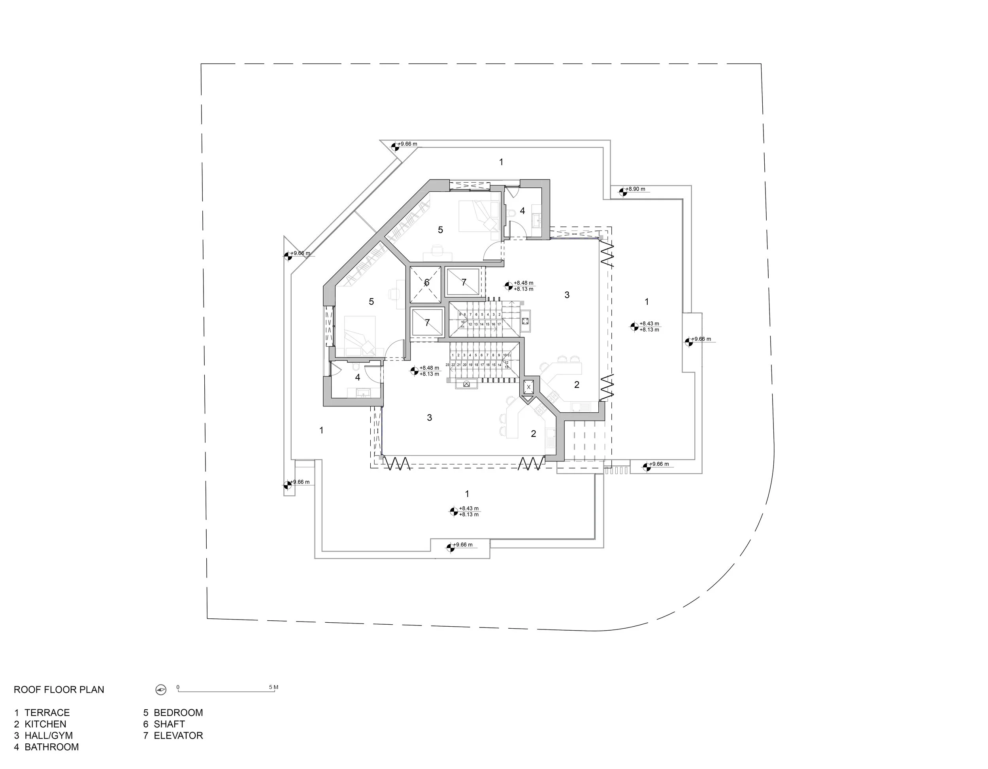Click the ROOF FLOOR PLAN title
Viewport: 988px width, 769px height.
click(x=59, y=690)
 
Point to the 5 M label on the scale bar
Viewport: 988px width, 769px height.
click(x=273, y=687)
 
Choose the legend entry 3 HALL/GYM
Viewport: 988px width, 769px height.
click(x=43, y=735)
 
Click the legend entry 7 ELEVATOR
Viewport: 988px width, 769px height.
click(x=173, y=735)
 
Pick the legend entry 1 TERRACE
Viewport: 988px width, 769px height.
click(x=41, y=712)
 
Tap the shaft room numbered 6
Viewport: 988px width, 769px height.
click(x=426, y=283)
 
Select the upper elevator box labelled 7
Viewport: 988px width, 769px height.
click(x=463, y=282)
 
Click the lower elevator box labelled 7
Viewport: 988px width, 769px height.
click(x=427, y=323)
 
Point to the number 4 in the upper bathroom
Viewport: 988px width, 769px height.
click(x=522, y=211)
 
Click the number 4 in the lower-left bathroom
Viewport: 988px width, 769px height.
click(x=357, y=377)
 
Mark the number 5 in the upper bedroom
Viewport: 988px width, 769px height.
click(x=440, y=230)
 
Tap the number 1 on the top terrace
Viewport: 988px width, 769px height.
click(x=501, y=162)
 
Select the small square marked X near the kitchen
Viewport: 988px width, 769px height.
click(x=528, y=387)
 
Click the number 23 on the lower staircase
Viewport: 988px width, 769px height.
click(x=447, y=365)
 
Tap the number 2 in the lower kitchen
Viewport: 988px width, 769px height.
click(x=534, y=434)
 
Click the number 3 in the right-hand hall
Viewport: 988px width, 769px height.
click(x=567, y=295)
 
